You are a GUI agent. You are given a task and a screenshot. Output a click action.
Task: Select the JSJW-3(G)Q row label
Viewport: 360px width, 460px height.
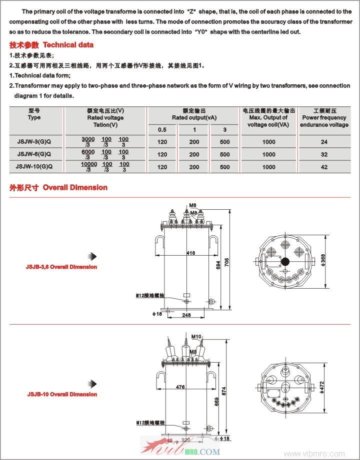(x=34, y=141)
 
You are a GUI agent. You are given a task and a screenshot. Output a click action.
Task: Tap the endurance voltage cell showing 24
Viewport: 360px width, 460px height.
(x=324, y=141)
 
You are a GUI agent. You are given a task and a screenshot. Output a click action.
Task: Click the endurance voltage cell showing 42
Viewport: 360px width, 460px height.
(x=324, y=167)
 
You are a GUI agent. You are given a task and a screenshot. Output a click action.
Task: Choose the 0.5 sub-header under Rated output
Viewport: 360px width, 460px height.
(x=162, y=130)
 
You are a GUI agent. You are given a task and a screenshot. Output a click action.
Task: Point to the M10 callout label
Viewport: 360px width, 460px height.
(x=196, y=337)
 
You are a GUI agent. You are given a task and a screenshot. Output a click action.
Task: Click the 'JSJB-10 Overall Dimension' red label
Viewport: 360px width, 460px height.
(x=62, y=395)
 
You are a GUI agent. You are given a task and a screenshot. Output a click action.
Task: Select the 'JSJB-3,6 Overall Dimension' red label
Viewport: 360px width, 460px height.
(x=61, y=267)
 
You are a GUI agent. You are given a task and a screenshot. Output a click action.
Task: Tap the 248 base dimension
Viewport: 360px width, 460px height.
(x=186, y=315)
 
